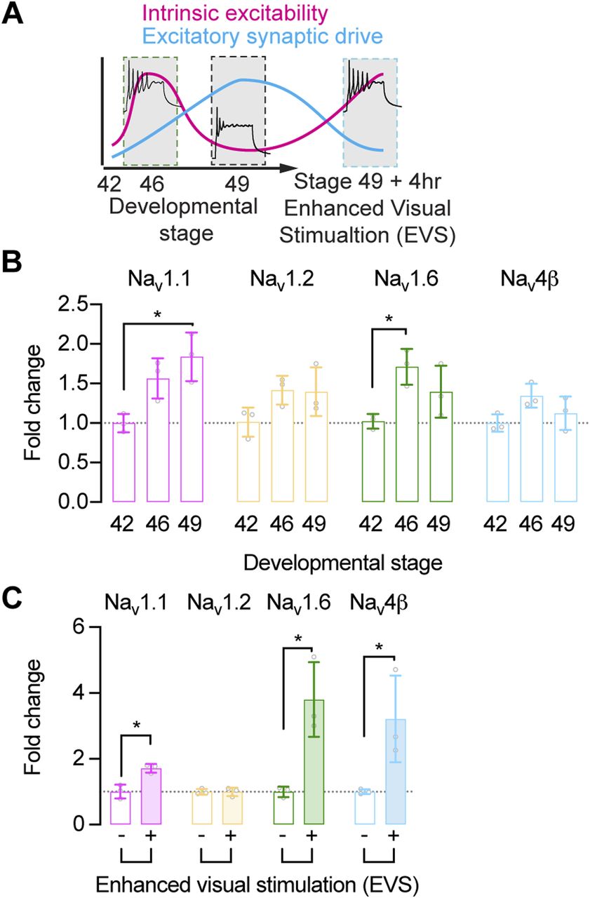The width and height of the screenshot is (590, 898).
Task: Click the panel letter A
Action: pos(15,15)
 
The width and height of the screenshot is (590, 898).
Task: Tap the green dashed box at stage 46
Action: pos(150,111)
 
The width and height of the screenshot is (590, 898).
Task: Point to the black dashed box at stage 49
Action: pos(239,111)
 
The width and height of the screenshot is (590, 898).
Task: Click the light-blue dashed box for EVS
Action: pos(370,111)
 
